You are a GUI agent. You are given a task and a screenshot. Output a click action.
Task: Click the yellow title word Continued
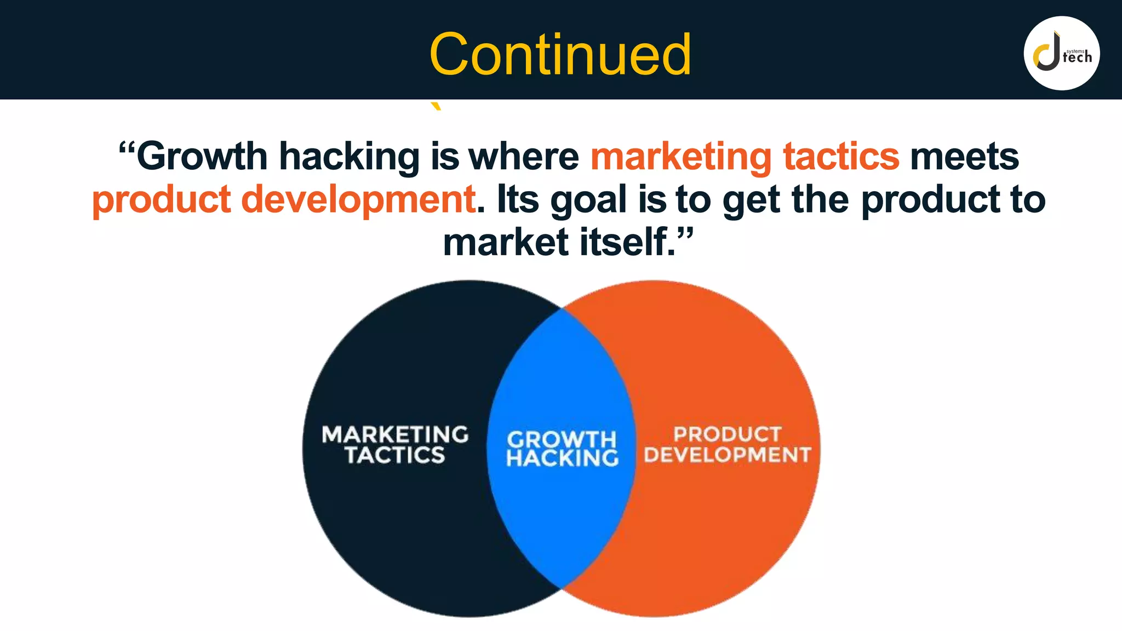pyautogui.click(x=560, y=54)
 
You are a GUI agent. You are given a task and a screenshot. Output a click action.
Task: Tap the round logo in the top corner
pyautogui.click(x=1061, y=53)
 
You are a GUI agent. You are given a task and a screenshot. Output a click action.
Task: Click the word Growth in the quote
pyautogui.click(x=202, y=157)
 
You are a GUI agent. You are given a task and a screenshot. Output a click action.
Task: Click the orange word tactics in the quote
pyautogui.click(x=841, y=157)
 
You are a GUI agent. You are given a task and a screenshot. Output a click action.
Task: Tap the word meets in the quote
pyautogui.click(x=964, y=157)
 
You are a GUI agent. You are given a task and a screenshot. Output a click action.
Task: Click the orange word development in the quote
pyautogui.click(x=358, y=200)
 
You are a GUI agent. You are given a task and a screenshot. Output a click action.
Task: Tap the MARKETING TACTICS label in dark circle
pyautogui.click(x=395, y=445)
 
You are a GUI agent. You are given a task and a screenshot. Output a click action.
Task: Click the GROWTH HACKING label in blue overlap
pyautogui.click(x=562, y=449)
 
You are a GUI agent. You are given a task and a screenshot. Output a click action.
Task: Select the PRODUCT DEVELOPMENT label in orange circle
pyautogui.click(x=727, y=445)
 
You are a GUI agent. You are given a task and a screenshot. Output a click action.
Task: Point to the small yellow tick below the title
pyautogui.click(x=436, y=106)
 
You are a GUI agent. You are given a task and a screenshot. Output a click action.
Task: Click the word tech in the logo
pyautogui.click(x=1077, y=58)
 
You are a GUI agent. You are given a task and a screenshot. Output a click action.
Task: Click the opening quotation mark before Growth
pyautogui.click(x=127, y=149)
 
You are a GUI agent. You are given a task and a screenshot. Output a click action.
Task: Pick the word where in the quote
pyautogui.click(x=524, y=157)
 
